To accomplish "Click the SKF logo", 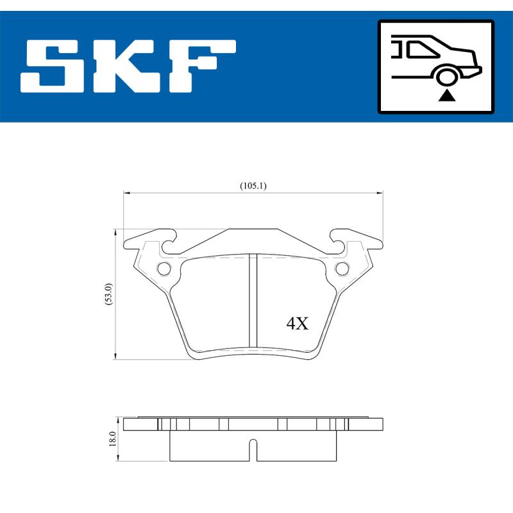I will pos(128,67).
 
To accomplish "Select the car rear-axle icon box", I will pos(436,67).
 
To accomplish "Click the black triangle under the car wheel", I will pos(447,96).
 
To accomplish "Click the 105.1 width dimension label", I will pos(253,186).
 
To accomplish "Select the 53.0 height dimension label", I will pos(109,294).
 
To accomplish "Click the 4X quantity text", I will pos(298,324).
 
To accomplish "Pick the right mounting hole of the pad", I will pos(342,267).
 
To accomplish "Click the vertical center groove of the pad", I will pos(253,301).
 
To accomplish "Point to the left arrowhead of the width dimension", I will pos(126,192).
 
